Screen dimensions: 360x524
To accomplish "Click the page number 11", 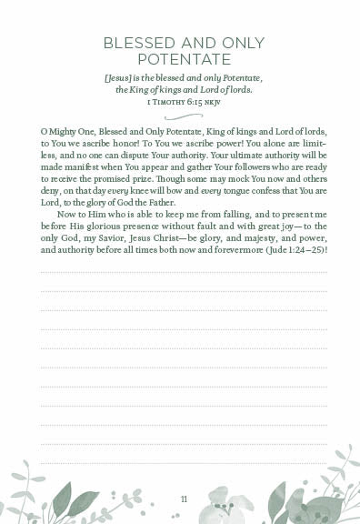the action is [184, 499].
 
